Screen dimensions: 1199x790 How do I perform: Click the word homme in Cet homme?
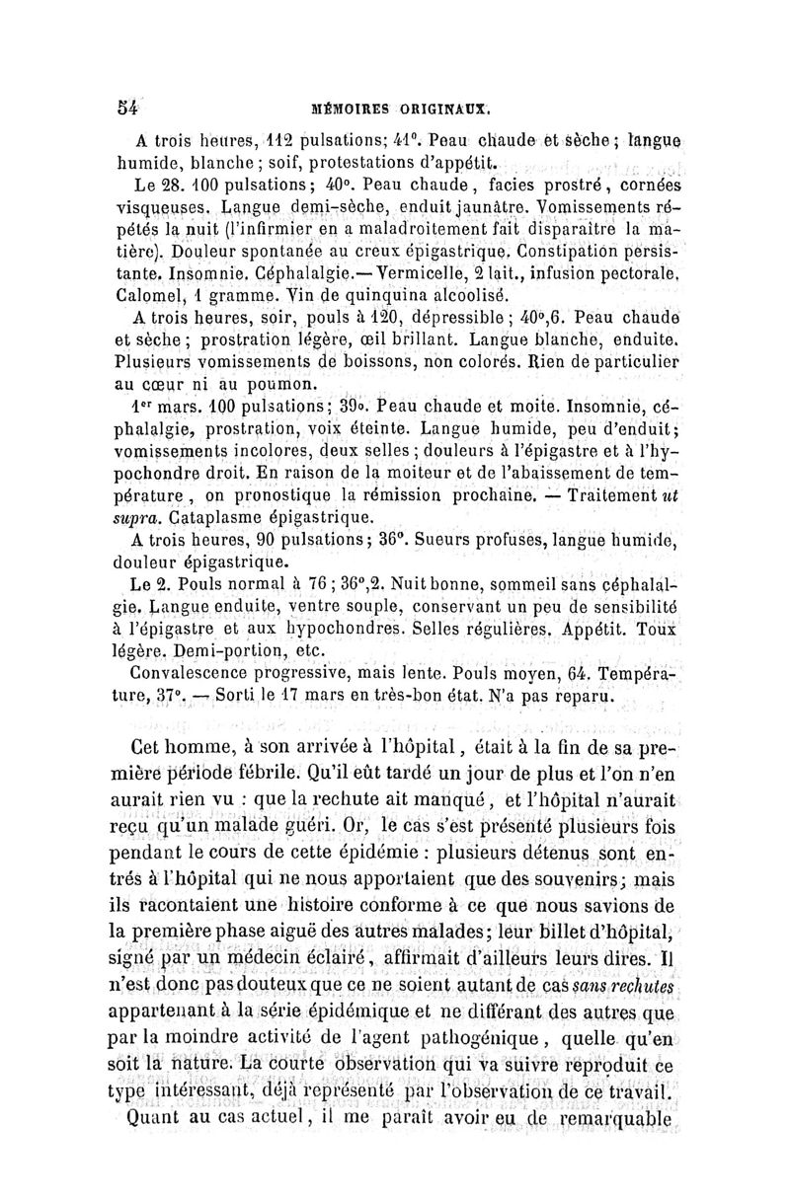(213, 745)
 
